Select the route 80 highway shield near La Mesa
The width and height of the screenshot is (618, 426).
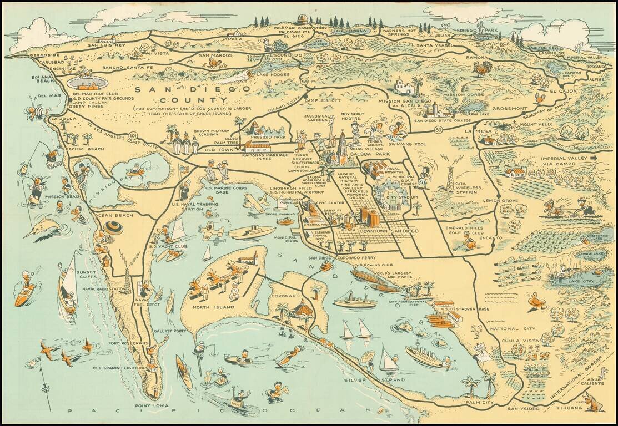coord(438,131)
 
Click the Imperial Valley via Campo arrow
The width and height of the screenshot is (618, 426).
coord(594,158)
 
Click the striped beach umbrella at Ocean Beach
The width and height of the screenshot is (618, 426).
coord(113,227)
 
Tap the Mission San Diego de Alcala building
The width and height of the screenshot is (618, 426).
coord(404,87)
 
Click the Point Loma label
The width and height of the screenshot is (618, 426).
coord(152,405)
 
